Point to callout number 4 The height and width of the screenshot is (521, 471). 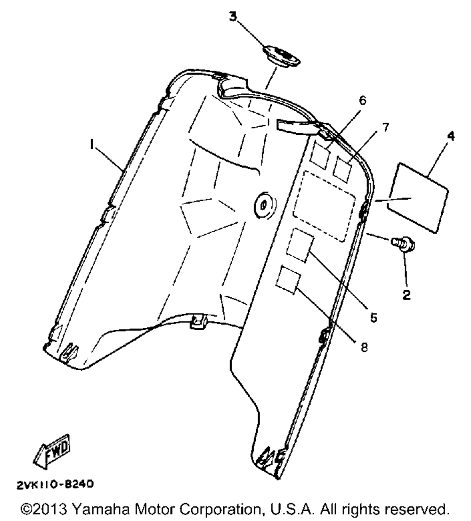click(451, 137)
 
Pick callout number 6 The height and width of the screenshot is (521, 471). click(362, 100)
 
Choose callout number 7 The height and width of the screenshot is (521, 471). click(385, 128)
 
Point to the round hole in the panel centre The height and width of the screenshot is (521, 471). click(263, 205)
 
